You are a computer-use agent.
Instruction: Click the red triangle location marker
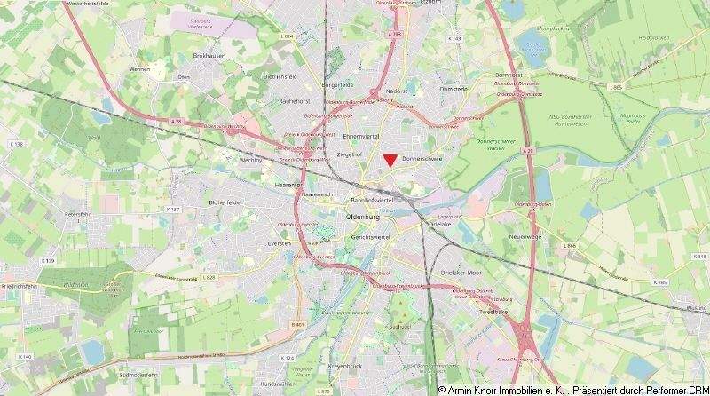click(390, 159)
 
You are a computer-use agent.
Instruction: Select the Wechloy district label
click(251, 161)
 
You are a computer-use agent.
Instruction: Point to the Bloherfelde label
click(225, 202)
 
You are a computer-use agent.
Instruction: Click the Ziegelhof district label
click(350, 154)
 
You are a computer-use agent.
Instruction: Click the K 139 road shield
click(48, 260)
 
